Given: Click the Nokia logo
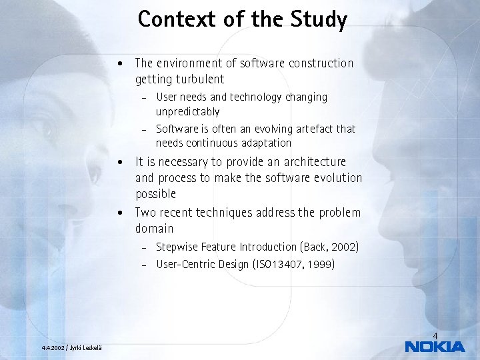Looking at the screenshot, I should tap(435, 346).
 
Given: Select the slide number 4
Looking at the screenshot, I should tap(435, 335).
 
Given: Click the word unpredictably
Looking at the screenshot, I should tap(187, 111).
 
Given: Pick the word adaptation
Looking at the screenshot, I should tap(261, 143).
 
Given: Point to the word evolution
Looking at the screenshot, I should tap(337, 178).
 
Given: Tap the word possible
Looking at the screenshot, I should tap(155, 194).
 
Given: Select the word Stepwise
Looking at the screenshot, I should tap(177, 247).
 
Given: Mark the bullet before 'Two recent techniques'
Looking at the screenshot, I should tap(119, 213).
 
